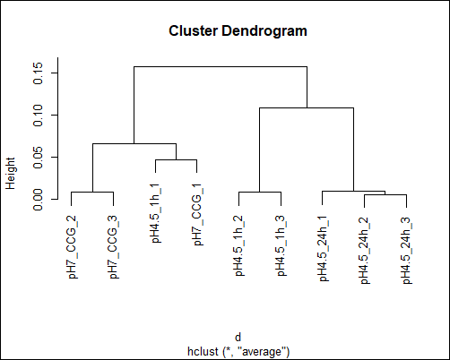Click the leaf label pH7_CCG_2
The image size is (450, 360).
(x=74, y=247)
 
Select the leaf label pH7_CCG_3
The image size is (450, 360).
(x=115, y=247)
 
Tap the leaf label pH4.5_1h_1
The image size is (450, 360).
(x=157, y=213)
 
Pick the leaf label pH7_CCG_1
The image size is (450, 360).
(x=199, y=215)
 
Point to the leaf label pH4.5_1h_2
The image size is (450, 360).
(x=241, y=245)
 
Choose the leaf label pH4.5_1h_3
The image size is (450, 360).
(x=282, y=245)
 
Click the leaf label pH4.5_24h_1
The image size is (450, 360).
(x=325, y=248)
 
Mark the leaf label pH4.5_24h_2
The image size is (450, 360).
(x=366, y=250)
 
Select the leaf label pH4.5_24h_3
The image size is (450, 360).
(x=408, y=250)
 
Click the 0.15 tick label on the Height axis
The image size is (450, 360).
(x=39, y=73)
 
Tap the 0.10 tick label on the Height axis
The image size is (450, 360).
(x=39, y=116)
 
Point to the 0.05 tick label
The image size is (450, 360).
(x=39, y=158)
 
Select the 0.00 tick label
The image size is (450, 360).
(x=39, y=200)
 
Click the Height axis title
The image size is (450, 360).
(x=11, y=174)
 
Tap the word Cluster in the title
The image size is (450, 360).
(x=193, y=30)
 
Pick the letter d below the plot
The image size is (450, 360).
(x=238, y=338)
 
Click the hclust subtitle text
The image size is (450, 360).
(x=238, y=351)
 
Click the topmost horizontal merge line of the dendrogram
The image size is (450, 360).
(x=221, y=66)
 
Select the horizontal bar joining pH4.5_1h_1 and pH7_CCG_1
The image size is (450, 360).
(x=176, y=159)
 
